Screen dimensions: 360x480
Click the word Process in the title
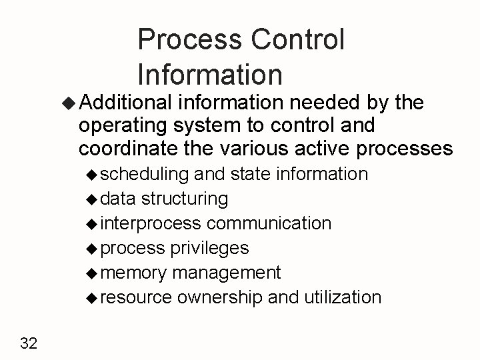[x=191, y=41]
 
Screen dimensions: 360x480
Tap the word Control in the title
[x=299, y=41]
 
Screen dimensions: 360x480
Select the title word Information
[x=211, y=74]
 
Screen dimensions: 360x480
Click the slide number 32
[x=29, y=343]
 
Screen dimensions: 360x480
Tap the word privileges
[x=210, y=248]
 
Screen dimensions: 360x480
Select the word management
[x=227, y=273]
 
